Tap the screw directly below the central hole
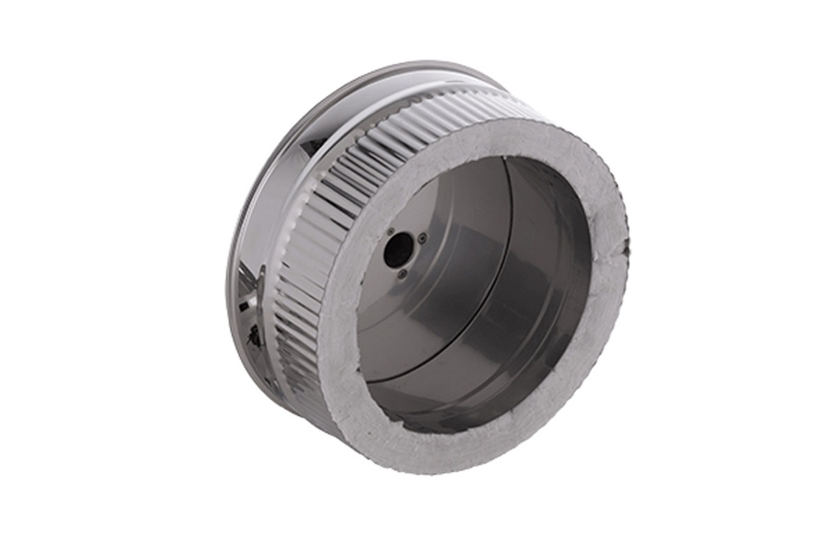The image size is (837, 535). (x=402, y=274)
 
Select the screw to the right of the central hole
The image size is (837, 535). (x=422, y=238)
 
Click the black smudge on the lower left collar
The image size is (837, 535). (x=255, y=333)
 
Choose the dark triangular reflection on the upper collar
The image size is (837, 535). (x=315, y=146)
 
